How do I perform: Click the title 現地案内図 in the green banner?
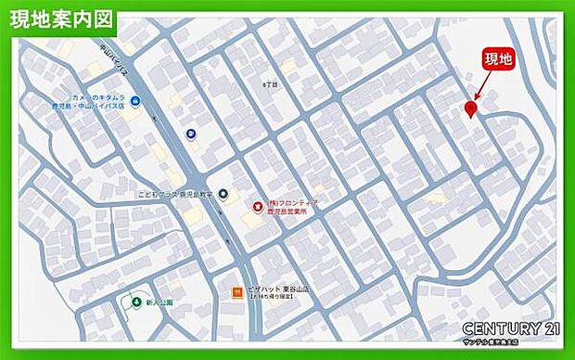(x=62, y=19)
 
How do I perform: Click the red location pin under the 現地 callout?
(x=471, y=110)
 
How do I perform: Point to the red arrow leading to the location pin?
(x=480, y=89)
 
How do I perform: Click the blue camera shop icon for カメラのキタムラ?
(x=135, y=101)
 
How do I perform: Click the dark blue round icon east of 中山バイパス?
(x=190, y=135)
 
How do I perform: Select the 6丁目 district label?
(x=270, y=84)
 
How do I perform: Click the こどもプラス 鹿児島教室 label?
(x=174, y=195)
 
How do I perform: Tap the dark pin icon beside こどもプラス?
(x=221, y=193)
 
